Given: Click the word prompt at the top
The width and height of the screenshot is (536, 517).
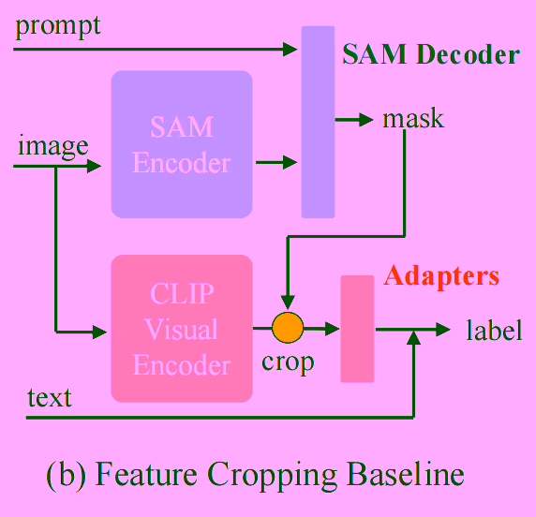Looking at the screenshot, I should pyautogui.click(x=57, y=25).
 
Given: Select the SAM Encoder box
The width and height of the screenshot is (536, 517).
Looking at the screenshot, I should pyautogui.click(x=181, y=144).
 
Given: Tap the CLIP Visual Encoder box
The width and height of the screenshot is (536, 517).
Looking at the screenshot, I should pyautogui.click(x=182, y=328).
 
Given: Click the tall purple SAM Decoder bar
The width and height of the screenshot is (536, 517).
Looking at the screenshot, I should pyautogui.click(x=318, y=122).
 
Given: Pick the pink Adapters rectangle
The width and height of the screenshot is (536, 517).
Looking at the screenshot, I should pyautogui.click(x=357, y=329).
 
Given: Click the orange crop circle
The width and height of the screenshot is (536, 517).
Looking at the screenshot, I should pyautogui.click(x=288, y=328).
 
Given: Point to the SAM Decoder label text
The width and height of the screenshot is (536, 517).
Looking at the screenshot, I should pyautogui.click(x=430, y=54).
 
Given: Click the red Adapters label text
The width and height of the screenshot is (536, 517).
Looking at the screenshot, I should pyautogui.click(x=441, y=276).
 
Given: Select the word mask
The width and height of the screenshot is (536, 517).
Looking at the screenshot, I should pyautogui.click(x=413, y=119).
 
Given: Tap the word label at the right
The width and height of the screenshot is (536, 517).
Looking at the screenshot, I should pyautogui.click(x=494, y=331).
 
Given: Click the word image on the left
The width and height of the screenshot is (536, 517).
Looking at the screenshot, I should pyautogui.click(x=52, y=145).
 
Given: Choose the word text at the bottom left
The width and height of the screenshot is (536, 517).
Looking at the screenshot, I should pyautogui.click(x=49, y=397).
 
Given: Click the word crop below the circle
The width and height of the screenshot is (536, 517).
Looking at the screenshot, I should pyautogui.click(x=287, y=362).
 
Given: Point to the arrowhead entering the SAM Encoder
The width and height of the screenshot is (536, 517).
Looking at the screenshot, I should pyautogui.click(x=95, y=167).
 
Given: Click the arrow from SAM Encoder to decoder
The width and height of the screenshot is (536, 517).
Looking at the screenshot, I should pyautogui.click(x=276, y=163).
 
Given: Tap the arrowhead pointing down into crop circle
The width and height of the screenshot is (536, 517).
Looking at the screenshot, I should pyautogui.click(x=288, y=304).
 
